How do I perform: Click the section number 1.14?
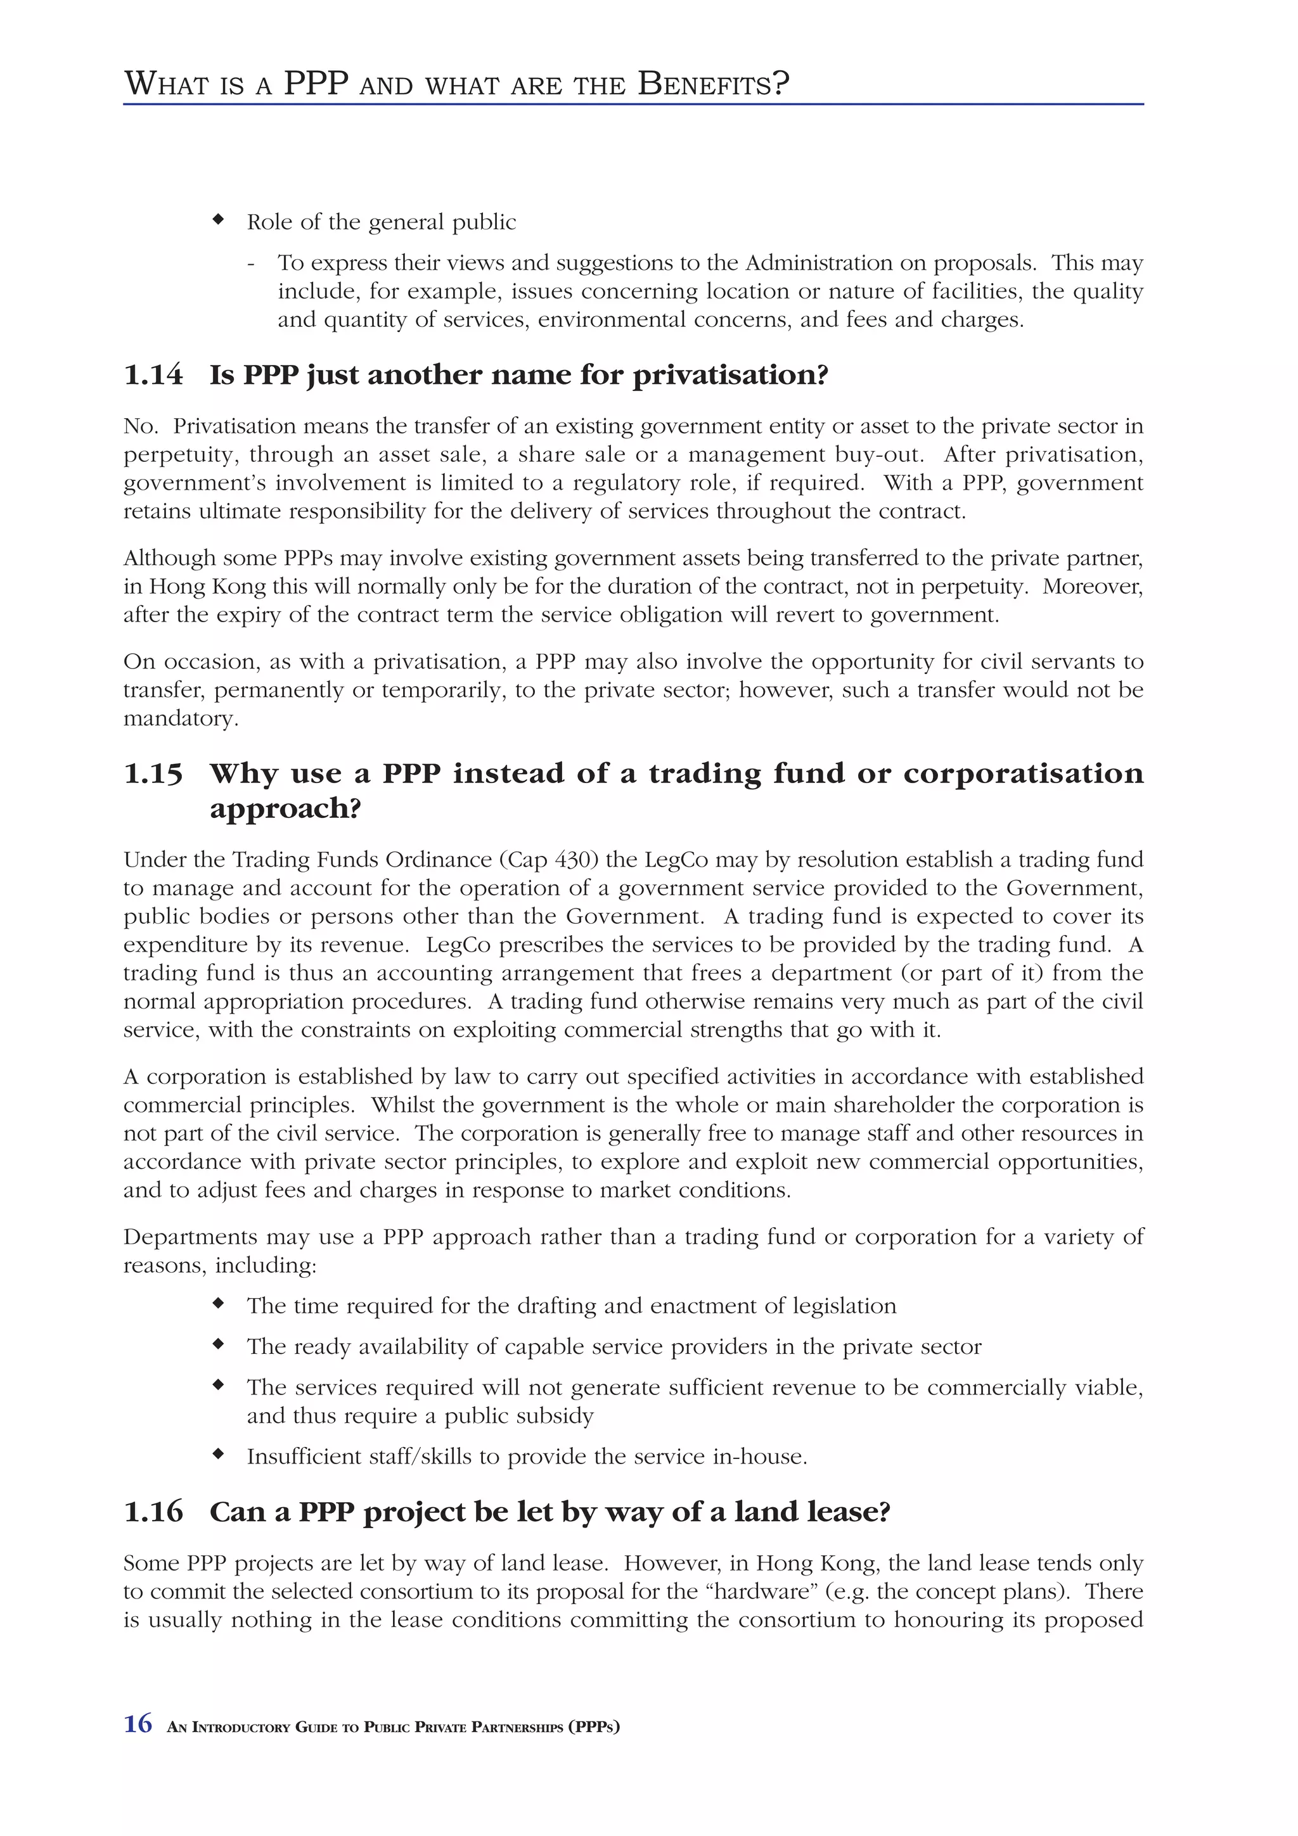[x=153, y=375]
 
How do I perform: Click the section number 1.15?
[x=153, y=774]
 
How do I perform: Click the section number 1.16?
[x=153, y=1512]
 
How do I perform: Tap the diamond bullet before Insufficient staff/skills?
[x=217, y=1455]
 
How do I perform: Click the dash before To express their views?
[x=251, y=263]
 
